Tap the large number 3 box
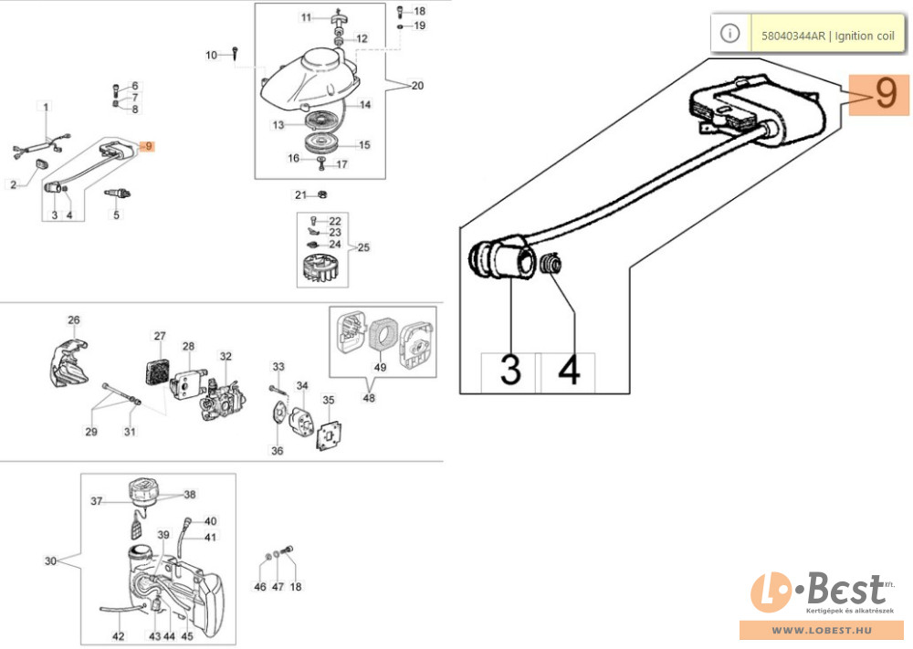click(x=509, y=372)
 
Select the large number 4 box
click(x=569, y=372)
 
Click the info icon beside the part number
click(x=729, y=33)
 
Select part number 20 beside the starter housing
click(x=417, y=87)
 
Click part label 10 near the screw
click(x=212, y=56)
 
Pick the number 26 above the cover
click(x=74, y=320)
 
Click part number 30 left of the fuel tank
click(x=51, y=560)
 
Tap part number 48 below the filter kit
click(x=369, y=397)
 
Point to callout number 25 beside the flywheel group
click(x=362, y=248)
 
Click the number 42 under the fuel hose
click(x=118, y=637)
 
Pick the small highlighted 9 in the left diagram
click(x=150, y=146)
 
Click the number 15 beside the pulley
click(x=364, y=144)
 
